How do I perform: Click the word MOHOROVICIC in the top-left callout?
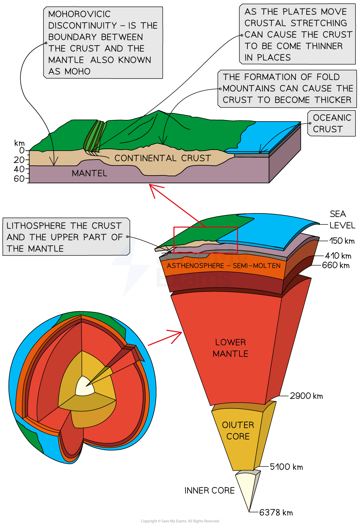point(79,14)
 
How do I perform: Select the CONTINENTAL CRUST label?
point(163,158)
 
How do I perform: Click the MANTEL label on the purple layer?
point(89,173)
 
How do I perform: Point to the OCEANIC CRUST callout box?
point(332,123)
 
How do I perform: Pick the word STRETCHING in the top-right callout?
point(319,23)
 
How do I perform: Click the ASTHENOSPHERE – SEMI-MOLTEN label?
point(224,266)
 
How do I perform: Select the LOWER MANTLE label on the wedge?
point(230,348)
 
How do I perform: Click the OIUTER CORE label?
point(238,430)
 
